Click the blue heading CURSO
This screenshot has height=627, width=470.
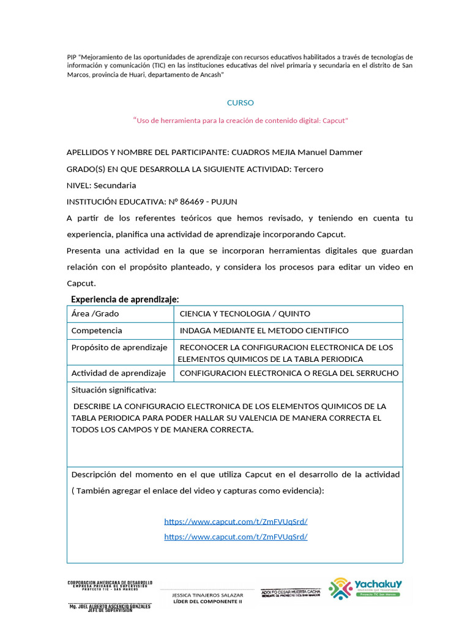[x=240, y=103]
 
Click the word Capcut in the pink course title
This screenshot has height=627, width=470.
[x=334, y=121]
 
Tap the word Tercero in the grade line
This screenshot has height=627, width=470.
[x=308, y=169]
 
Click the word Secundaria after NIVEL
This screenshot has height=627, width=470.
[x=115, y=186]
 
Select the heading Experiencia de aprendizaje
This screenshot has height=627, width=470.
[x=125, y=299]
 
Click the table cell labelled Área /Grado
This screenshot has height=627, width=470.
[x=95, y=313]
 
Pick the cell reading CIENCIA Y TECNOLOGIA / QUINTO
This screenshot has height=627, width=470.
[x=245, y=313]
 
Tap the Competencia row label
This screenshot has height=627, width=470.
[x=97, y=331]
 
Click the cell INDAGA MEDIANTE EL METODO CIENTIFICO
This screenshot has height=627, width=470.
[x=264, y=331]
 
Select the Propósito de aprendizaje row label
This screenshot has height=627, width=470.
[x=119, y=347]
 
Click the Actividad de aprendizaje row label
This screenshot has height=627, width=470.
[x=119, y=373]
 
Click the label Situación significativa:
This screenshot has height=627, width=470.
[x=114, y=390]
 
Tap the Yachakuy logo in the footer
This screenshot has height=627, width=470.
[x=365, y=589]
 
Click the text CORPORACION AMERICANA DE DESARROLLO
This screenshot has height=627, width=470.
[x=110, y=582]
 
